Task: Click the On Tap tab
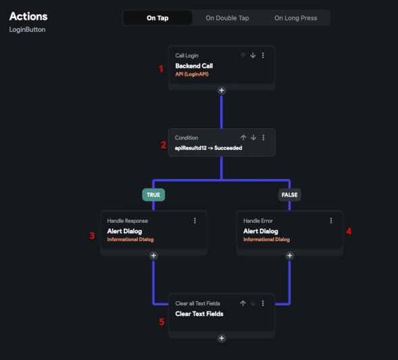pos(157,18)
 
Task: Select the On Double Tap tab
pos(227,18)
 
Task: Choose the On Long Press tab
pos(296,18)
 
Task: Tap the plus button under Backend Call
pos(222,91)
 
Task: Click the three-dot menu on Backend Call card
pos(263,55)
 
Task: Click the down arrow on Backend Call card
pos(253,55)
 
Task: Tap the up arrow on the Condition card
pos(243,138)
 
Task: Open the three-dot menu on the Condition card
pos(264,138)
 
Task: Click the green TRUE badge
pos(153,195)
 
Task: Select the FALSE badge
pos(290,195)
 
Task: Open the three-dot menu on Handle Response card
pos(195,221)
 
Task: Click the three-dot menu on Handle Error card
pos(331,221)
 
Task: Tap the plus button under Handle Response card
pos(153,256)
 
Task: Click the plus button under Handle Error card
pos(290,256)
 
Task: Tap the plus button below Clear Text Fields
pos(222,338)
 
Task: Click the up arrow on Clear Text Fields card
pos(243,303)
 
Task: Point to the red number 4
pos(349,231)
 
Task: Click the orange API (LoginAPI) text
pos(192,74)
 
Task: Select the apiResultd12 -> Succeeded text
pos(208,148)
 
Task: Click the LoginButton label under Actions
pos(28,30)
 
